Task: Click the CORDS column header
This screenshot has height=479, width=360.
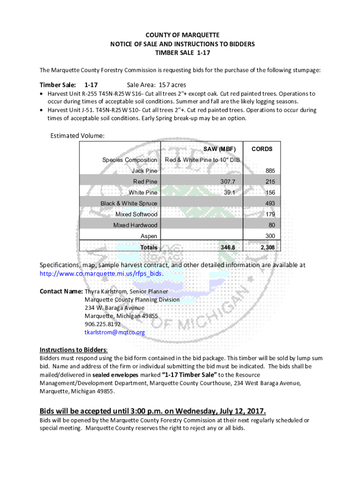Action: pos(262,149)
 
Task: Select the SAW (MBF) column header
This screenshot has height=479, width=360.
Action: pos(219,149)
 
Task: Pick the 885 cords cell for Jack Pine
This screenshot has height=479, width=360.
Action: pos(270,171)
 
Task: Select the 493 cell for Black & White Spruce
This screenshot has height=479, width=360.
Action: pos(270,203)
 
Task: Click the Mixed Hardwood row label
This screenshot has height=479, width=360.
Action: pos(135,225)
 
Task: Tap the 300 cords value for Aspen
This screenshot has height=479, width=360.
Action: pos(270,236)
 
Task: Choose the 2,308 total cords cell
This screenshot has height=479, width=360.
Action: pos(268,247)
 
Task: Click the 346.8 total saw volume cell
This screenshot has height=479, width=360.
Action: pos(232,247)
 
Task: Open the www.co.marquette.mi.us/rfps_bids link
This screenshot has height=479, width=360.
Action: pos(103,274)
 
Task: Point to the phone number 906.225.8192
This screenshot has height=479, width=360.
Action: pos(102,324)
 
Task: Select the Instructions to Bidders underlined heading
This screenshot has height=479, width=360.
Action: pos(73,350)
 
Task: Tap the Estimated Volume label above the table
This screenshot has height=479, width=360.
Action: pos(77,136)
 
